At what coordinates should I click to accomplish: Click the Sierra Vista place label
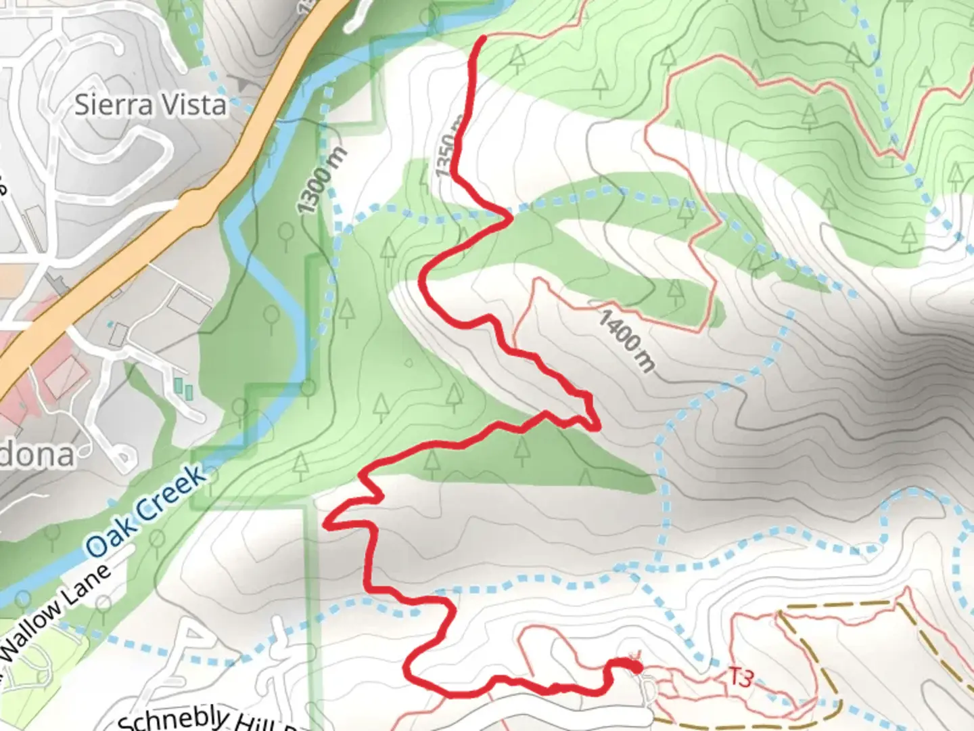click(150, 106)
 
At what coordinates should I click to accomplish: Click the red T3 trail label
click(740, 676)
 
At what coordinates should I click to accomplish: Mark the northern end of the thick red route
click(483, 38)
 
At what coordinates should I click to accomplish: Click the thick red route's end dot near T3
click(635, 667)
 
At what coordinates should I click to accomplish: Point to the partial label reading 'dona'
click(37, 454)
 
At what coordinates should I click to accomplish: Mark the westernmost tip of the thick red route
click(327, 525)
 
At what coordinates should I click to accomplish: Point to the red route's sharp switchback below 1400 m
click(595, 426)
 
